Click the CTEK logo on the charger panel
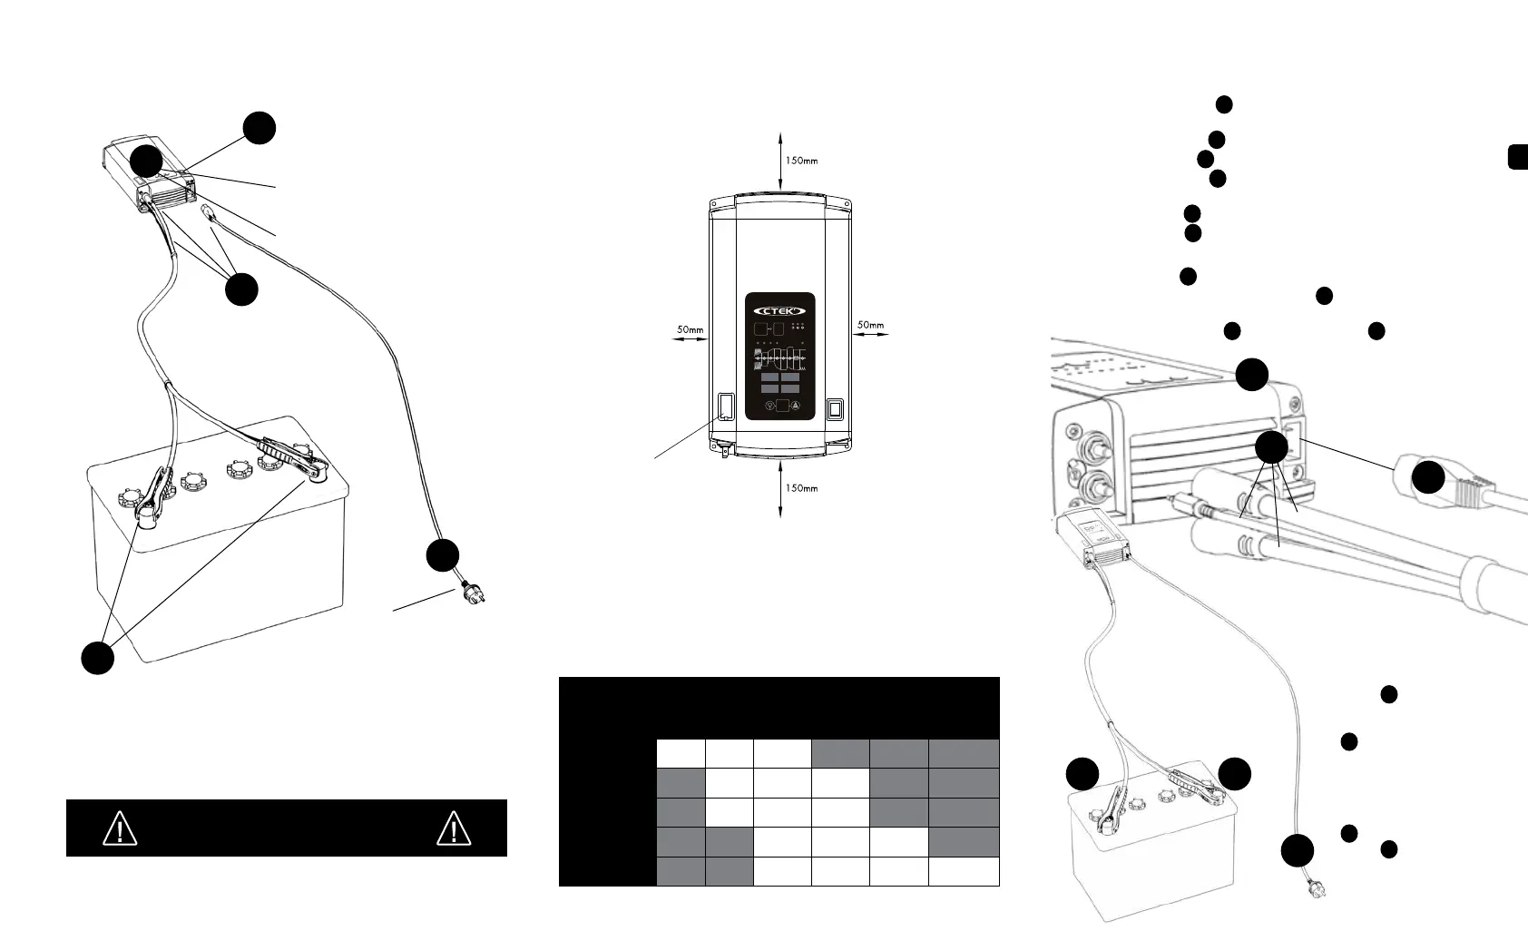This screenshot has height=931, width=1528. [779, 307]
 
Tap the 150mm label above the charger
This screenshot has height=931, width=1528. [800, 161]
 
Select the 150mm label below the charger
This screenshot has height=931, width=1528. [800, 488]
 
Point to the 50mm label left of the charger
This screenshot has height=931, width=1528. [690, 328]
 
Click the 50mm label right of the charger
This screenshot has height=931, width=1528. [869, 324]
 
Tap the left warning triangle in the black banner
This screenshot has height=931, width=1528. [120, 828]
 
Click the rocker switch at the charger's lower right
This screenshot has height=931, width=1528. [836, 408]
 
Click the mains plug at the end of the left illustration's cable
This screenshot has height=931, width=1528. [472, 597]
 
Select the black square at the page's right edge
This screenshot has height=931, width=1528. [1518, 156]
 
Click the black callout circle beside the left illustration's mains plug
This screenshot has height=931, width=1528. [443, 555]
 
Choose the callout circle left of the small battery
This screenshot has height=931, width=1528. [1082, 774]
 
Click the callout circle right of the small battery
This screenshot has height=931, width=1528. [1235, 774]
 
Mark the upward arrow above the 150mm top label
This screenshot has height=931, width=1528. [780, 139]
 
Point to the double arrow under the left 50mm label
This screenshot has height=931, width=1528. [690, 338]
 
